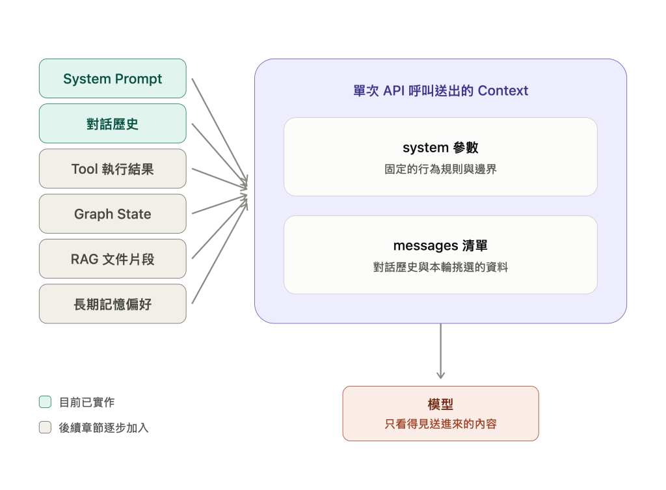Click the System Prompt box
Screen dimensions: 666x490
click(x=113, y=79)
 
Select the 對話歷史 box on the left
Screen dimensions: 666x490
click(x=113, y=124)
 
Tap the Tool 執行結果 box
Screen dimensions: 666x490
click(x=113, y=169)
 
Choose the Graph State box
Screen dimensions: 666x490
click(x=113, y=213)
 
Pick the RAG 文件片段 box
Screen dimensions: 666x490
click(x=113, y=259)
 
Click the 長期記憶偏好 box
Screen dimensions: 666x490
click(x=113, y=304)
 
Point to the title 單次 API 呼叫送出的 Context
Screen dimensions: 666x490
click(x=440, y=90)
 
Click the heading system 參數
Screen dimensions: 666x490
click(x=440, y=148)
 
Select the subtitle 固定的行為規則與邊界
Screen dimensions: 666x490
click(x=440, y=169)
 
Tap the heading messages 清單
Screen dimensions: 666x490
click(x=440, y=245)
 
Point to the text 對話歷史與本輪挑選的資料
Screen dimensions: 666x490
click(x=440, y=267)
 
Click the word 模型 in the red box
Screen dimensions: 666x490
click(x=440, y=404)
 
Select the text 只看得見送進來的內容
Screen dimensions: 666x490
click(x=440, y=424)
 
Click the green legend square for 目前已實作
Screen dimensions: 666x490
click(x=45, y=402)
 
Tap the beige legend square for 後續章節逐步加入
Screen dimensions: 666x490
click(x=45, y=427)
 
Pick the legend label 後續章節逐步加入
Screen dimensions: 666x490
click(x=103, y=428)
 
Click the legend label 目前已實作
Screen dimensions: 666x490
click(x=87, y=402)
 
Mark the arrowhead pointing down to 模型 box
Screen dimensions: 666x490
click(x=440, y=375)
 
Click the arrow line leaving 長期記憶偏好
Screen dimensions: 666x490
click(x=220, y=252)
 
